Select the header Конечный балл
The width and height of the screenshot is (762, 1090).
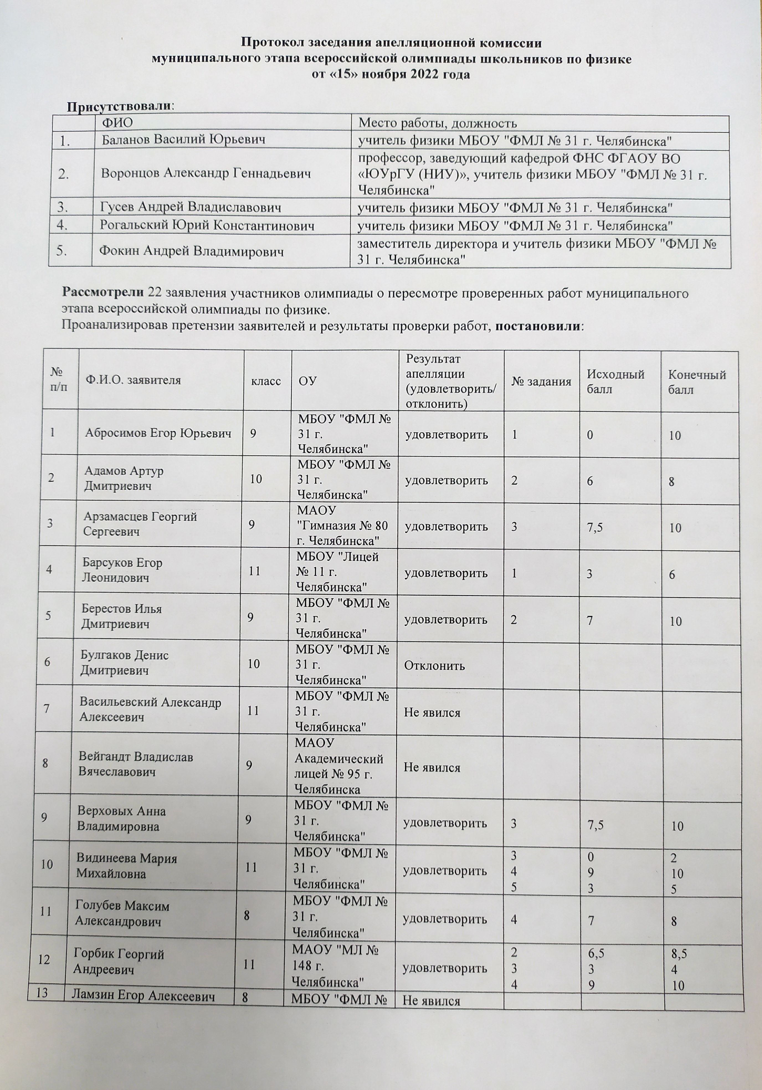(696, 381)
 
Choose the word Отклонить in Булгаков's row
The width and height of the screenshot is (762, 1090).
(434, 665)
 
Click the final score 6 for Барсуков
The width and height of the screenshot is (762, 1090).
(672, 574)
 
